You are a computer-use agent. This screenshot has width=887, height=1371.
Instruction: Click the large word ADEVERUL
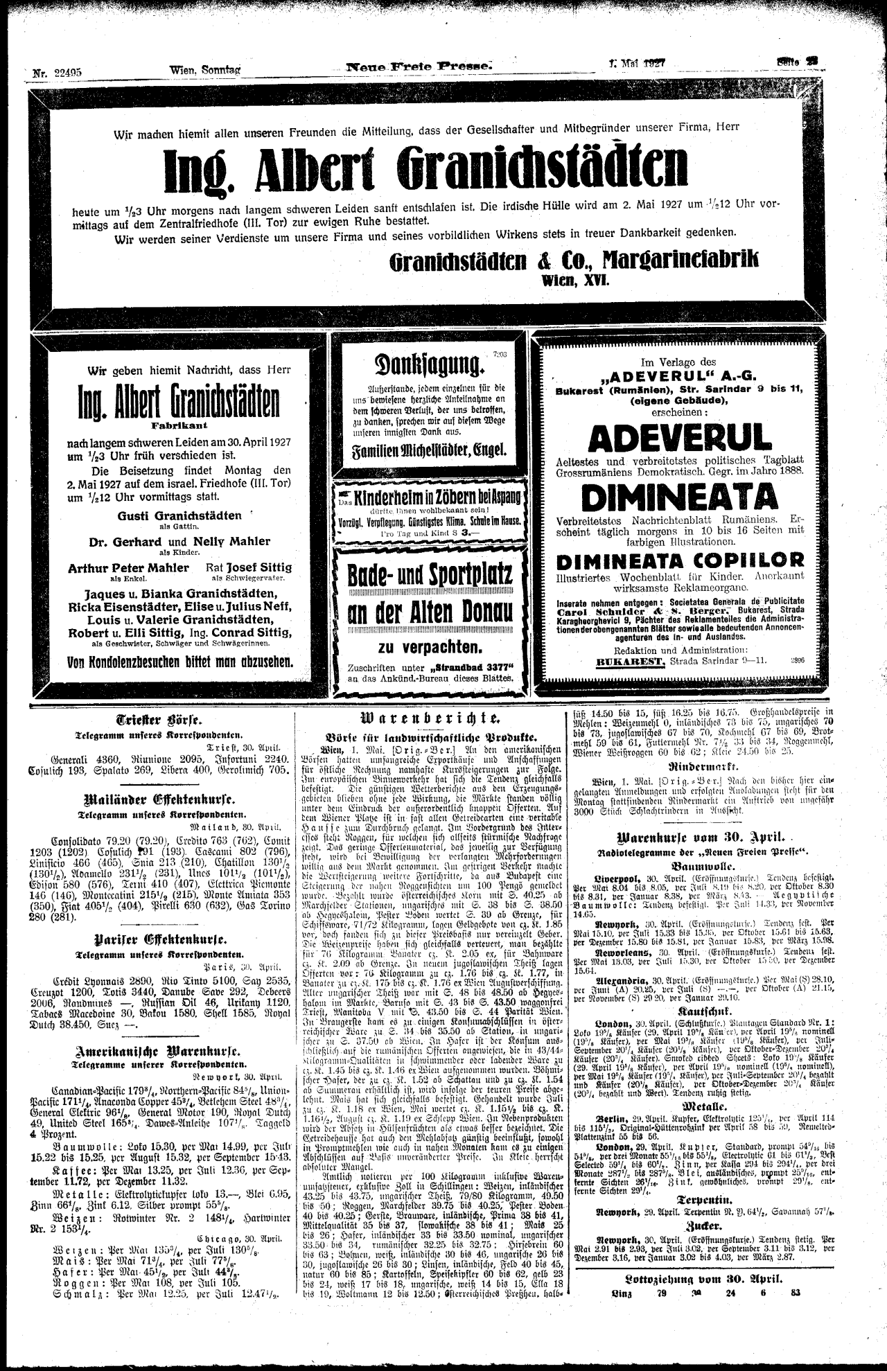click(x=680, y=438)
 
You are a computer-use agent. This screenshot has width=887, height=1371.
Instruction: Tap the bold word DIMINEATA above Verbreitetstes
click(x=680, y=496)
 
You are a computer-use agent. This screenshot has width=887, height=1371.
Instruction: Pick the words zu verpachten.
click(x=430, y=647)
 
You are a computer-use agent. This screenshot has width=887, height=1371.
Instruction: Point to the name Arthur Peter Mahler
click(x=128, y=567)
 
